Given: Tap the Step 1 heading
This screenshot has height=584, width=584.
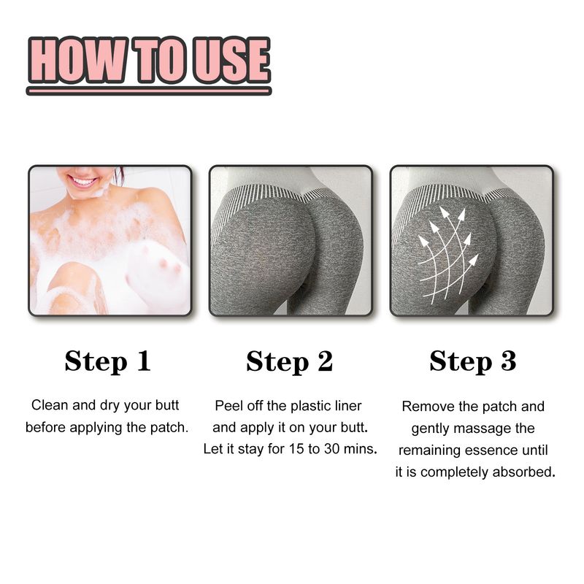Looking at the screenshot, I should (107, 361).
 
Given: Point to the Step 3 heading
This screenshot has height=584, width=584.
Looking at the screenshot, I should (472, 361).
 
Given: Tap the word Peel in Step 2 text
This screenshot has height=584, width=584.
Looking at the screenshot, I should (228, 405).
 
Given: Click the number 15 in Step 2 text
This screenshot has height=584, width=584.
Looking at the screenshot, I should (296, 449).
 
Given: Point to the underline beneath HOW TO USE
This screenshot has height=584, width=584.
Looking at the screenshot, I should (149, 91).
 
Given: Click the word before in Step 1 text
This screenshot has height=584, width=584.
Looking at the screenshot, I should (45, 427).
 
